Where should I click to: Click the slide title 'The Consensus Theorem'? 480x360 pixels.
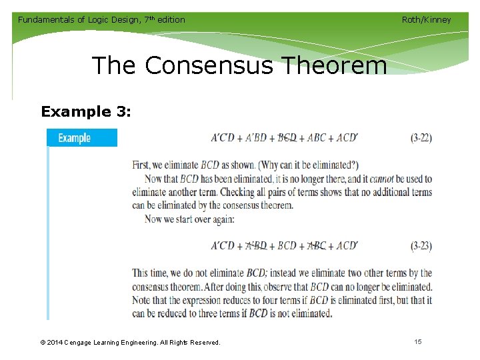coord(239,66)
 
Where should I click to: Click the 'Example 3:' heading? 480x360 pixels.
coord(85,111)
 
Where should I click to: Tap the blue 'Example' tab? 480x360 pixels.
coord(75,138)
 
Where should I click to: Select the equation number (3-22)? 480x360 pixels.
coord(421,138)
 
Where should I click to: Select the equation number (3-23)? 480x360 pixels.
coord(421,245)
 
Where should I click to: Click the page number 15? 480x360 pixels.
coord(418,342)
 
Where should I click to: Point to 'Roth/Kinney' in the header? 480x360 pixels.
coord(426,19)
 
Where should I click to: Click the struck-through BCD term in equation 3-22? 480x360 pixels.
coord(287,138)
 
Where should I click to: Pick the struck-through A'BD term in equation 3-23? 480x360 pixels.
coord(256,245)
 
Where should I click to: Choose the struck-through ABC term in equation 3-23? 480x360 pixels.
coord(317,245)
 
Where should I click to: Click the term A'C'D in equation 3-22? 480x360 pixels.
coord(223,138)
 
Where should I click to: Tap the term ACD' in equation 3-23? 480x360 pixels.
coord(347,245)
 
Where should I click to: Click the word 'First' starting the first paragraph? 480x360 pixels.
coord(141,165)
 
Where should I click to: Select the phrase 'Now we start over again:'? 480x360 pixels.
coord(189,219)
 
